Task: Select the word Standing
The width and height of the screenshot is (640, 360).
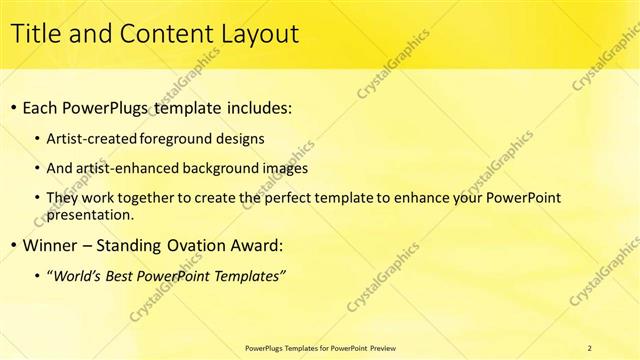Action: pyautogui.click(x=149, y=245)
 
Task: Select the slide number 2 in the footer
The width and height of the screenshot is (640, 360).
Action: pyautogui.click(x=590, y=348)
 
